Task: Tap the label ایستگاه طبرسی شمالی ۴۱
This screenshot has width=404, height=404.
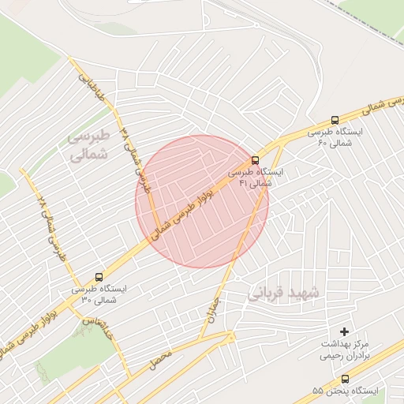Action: pyautogui.click(x=253, y=177)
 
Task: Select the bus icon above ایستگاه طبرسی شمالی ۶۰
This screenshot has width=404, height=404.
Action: pyautogui.click(x=335, y=121)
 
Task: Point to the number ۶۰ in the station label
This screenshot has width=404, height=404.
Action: pyautogui.click(x=322, y=143)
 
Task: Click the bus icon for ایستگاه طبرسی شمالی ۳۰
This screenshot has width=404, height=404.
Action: pyautogui.click(x=99, y=277)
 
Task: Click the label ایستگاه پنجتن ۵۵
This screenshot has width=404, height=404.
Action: pyautogui.click(x=345, y=391)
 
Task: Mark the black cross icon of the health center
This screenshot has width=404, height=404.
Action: pyautogui.click(x=344, y=333)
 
